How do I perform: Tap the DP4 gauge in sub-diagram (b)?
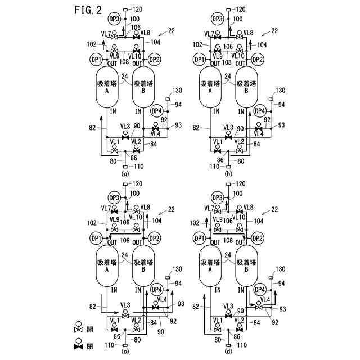point(259,111)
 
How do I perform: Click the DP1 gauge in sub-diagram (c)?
point(96,238)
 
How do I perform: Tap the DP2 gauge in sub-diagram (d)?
point(257,238)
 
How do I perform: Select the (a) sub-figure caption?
point(125,174)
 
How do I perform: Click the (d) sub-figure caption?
point(228,352)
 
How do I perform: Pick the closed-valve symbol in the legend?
point(79,344)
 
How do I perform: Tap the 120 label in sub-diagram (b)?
point(240,10)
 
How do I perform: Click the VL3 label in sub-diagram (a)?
point(125,127)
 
